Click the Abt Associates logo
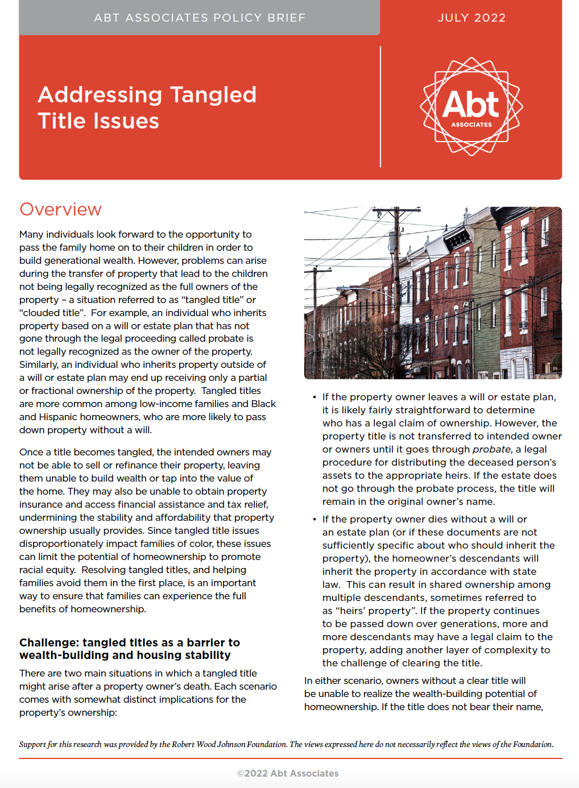click(471, 106)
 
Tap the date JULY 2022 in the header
click(472, 18)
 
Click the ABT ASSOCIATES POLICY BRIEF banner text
click(200, 18)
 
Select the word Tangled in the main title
click(213, 95)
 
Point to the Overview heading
click(61, 209)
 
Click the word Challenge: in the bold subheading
click(49, 642)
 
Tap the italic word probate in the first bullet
click(491, 449)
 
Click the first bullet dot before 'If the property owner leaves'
click(315, 397)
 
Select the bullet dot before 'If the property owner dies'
click(315, 520)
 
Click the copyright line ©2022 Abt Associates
click(288, 773)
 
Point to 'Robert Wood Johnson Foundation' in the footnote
click(223, 744)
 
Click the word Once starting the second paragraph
click(31, 452)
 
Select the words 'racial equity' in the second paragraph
click(47, 570)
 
